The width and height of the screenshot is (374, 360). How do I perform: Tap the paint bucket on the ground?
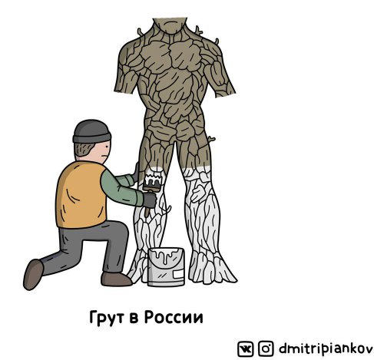click(x=166, y=267)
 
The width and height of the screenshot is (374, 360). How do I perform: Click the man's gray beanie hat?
click(x=91, y=131)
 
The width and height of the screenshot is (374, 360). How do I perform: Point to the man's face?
click(x=102, y=152)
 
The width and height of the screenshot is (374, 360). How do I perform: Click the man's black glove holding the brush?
click(x=150, y=200)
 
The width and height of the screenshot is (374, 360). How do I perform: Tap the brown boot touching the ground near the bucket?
click(x=116, y=279)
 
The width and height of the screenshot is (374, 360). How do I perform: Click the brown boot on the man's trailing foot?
click(x=33, y=274)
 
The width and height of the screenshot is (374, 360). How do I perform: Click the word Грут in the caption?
click(x=108, y=318)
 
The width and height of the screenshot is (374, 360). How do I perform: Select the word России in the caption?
click(x=174, y=317)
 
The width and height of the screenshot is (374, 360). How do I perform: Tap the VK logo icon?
click(x=245, y=348)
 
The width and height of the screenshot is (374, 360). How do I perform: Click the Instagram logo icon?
click(x=266, y=348)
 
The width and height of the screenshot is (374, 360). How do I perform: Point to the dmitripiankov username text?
click(x=326, y=348)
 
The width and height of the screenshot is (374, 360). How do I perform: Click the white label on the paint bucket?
click(x=178, y=274)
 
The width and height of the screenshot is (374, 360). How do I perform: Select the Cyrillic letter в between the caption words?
click(x=135, y=318)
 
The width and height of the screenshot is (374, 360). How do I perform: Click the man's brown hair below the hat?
click(x=83, y=150)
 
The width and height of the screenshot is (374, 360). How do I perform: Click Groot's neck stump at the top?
click(x=170, y=25)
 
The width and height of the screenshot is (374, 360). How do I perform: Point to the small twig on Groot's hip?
click(x=211, y=140)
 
